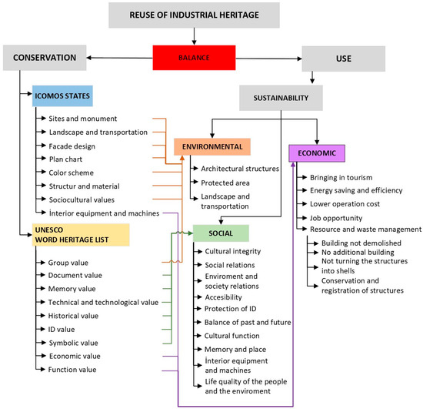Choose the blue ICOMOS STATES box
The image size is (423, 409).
point(62,97)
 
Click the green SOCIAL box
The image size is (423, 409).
point(219,233)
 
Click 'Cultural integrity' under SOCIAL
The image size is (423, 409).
point(233,251)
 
